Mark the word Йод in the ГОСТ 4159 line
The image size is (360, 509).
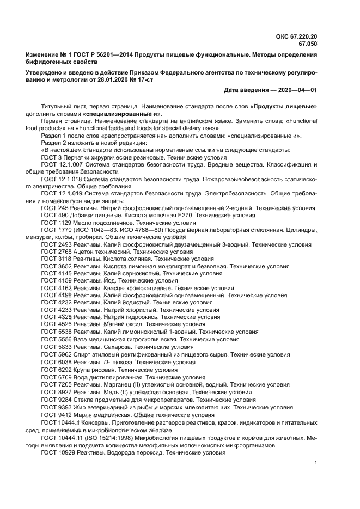click(109, 281)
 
